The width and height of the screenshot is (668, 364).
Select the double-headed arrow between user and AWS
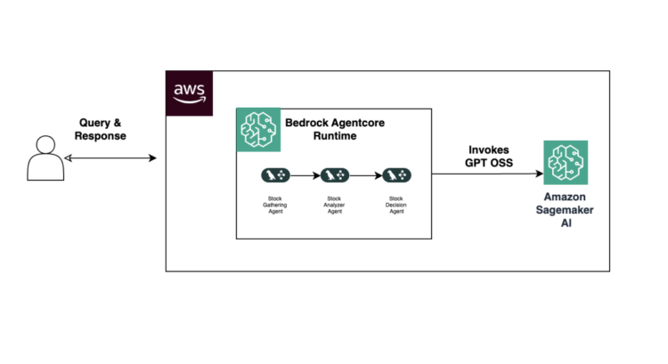click(112, 158)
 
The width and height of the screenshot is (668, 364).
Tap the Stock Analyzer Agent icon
click(334, 174)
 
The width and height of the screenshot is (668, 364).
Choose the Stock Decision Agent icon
click(395, 174)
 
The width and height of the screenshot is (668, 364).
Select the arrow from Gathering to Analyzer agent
click(304, 174)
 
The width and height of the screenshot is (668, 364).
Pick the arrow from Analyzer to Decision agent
click(364, 174)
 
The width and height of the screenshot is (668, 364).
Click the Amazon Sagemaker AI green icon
click(567, 163)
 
